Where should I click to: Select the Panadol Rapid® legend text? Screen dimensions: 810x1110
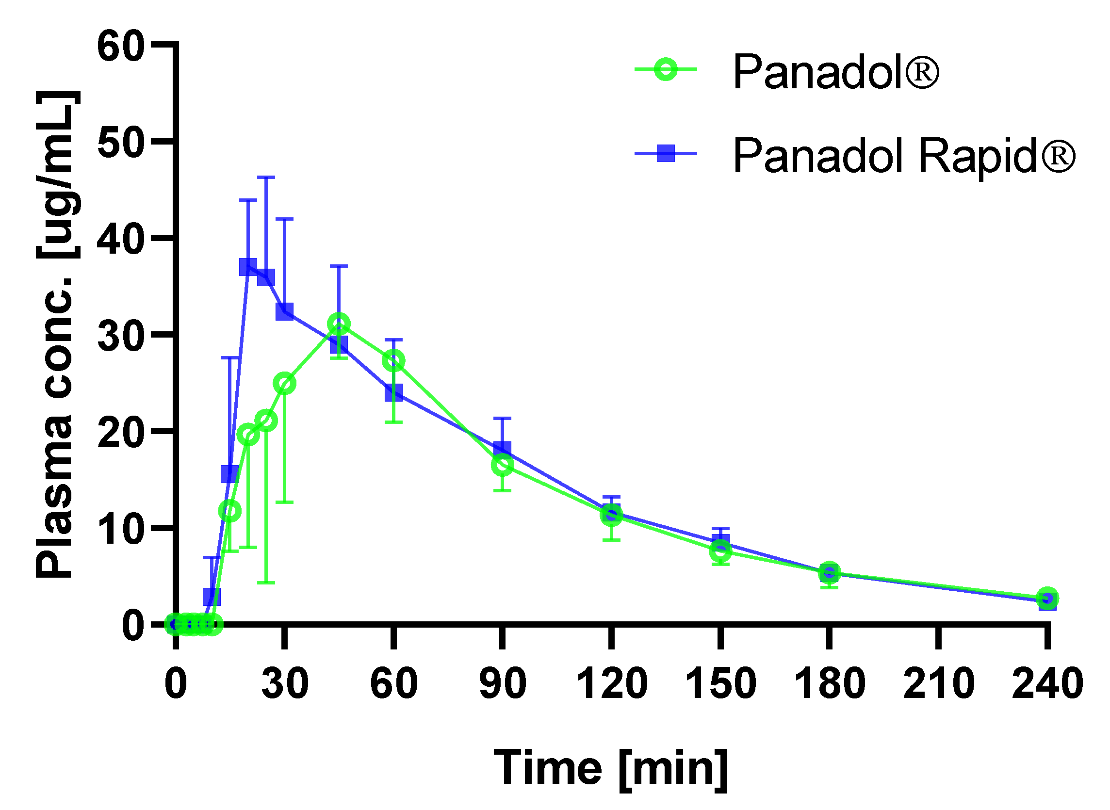[x=903, y=156]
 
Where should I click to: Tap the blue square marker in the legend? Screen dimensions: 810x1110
[x=666, y=153]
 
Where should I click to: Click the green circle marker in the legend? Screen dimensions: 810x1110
[x=666, y=70]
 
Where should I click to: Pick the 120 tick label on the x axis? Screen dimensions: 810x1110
[x=611, y=683]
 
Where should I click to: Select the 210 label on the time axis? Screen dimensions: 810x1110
[x=938, y=683]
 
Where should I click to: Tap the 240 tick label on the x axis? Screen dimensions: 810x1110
[x=1047, y=683]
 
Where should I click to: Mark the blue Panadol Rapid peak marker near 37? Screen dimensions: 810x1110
[x=248, y=268]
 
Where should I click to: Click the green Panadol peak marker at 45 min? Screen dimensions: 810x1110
[x=339, y=324]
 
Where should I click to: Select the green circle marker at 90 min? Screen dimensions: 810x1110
[x=503, y=464]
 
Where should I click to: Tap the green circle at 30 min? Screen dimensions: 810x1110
[x=284, y=384]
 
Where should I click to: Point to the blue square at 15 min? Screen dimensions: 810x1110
[x=229, y=474]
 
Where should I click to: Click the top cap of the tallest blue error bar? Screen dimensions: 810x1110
[x=266, y=177]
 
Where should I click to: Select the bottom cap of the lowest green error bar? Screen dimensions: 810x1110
[x=266, y=583]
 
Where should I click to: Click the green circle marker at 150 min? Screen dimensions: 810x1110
[x=720, y=551]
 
